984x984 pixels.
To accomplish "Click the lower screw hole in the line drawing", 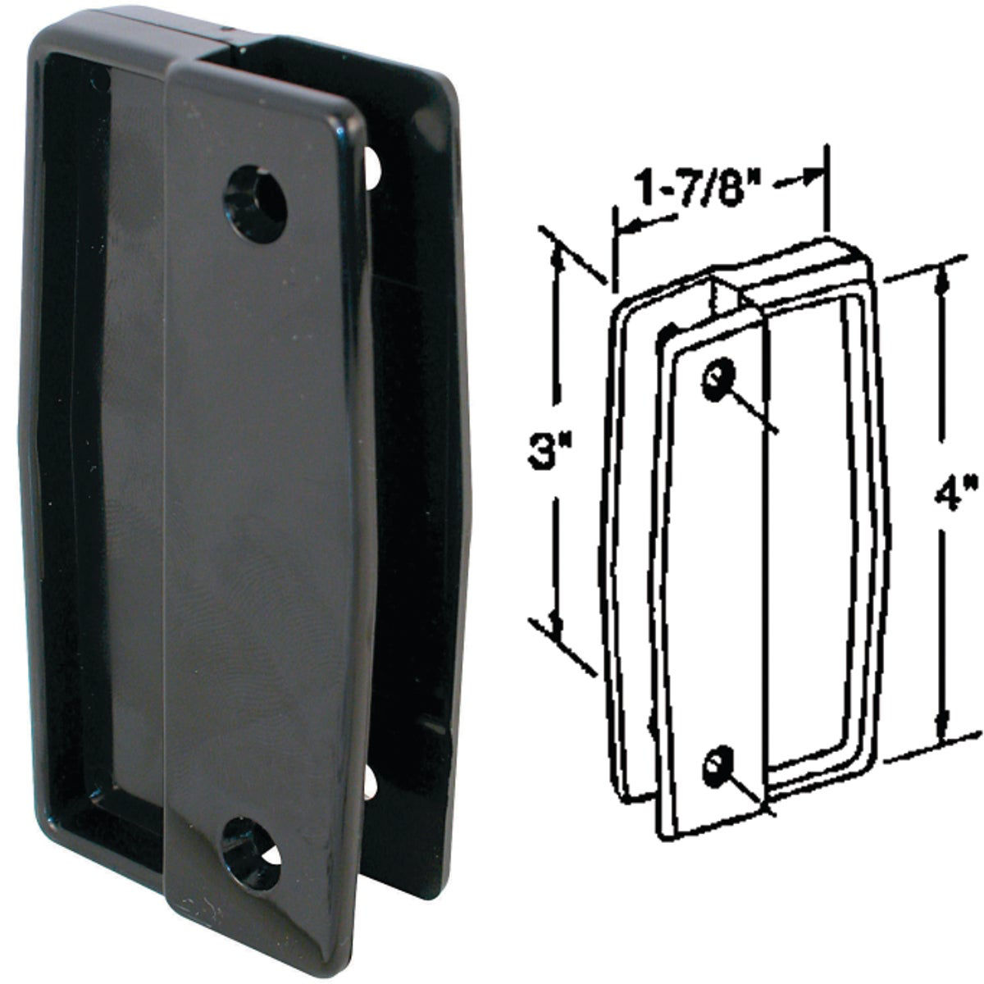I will (716, 766).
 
